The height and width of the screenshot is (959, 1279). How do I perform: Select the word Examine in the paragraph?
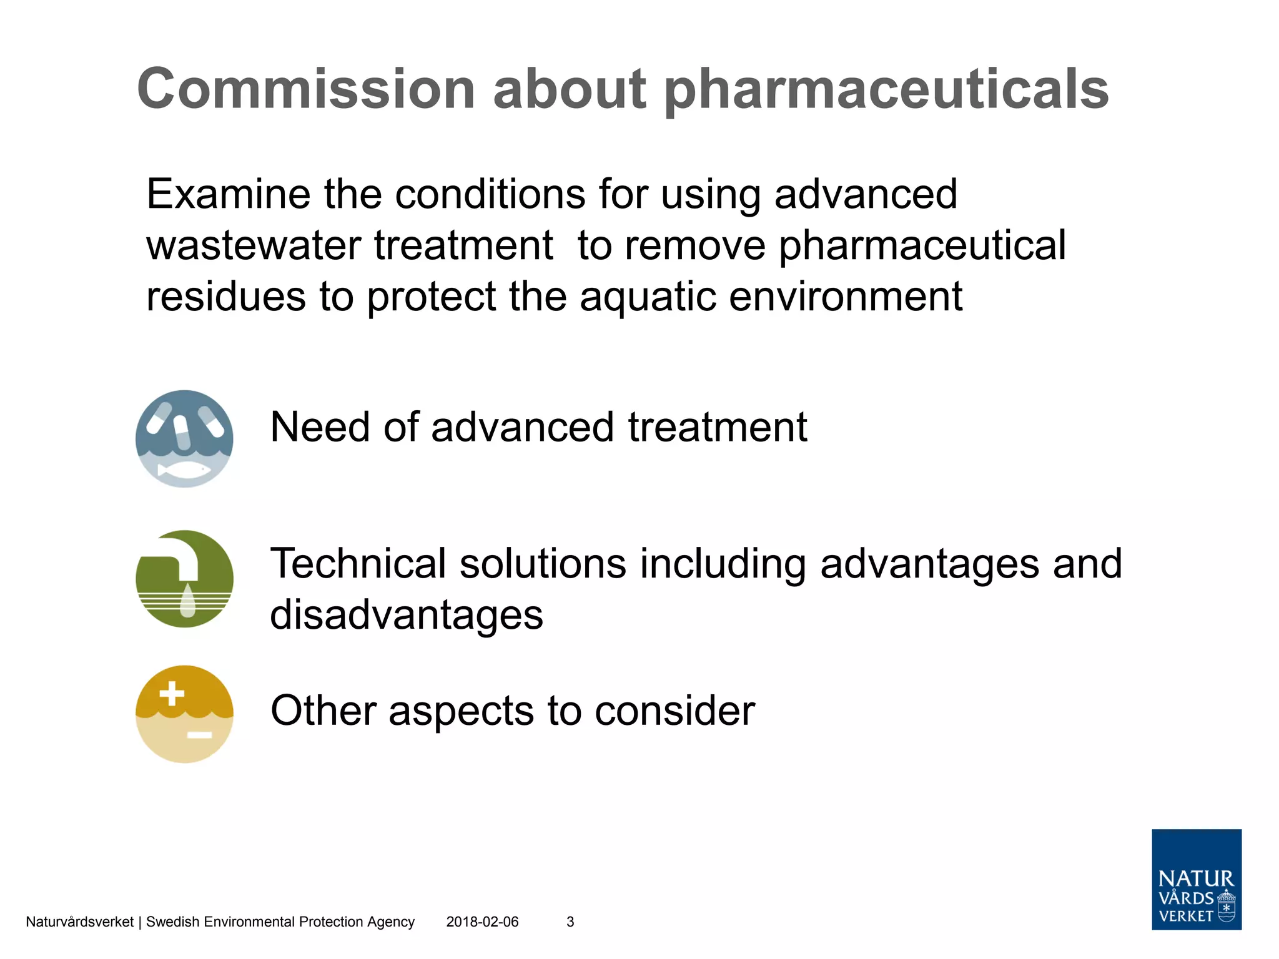228,194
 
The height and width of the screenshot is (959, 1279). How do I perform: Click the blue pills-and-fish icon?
184,438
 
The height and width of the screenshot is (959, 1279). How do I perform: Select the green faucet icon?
184,579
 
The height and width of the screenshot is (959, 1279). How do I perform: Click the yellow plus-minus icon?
184,714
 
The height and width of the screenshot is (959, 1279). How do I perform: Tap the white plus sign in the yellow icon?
172,694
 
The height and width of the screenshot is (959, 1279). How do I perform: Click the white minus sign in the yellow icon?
200,735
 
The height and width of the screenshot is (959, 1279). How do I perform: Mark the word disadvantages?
407,615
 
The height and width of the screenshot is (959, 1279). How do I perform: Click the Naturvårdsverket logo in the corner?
1196,879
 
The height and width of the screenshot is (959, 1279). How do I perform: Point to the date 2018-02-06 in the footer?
482,922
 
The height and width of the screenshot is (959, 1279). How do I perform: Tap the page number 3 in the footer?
570,922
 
